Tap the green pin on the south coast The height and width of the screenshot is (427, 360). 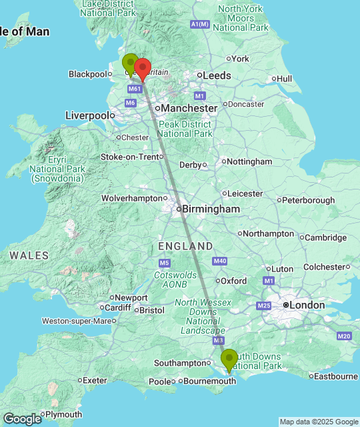[229, 359]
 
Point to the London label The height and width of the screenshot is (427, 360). [307, 305]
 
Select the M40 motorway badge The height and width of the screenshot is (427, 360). [221, 261]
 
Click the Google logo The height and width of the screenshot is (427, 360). [21, 418]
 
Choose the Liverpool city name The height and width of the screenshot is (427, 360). [87, 115]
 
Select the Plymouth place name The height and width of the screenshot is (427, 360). [64, 414]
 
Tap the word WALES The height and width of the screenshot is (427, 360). [29, 256]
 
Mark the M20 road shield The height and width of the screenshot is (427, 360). [344, 336]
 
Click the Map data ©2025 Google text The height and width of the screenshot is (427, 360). [319, 422]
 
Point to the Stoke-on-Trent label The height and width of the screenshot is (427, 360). [130, 157]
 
